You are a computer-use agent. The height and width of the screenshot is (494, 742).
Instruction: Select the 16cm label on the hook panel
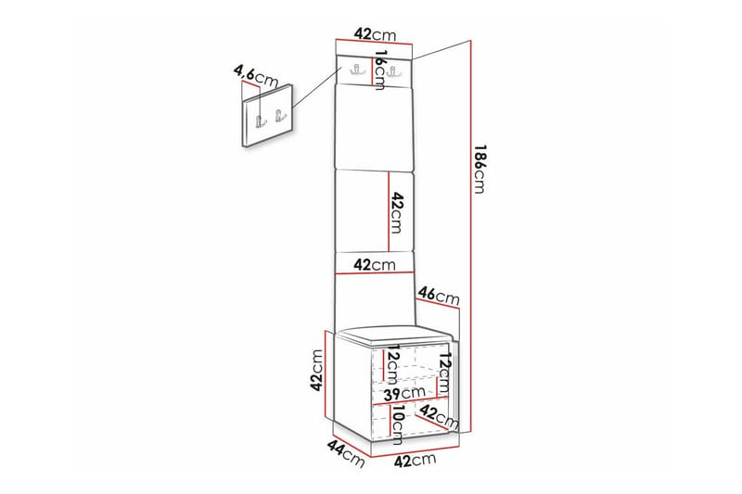point(379,70)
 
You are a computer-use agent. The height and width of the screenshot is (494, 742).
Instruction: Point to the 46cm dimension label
point(438,298)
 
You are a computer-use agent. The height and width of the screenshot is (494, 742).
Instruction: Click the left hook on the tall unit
point(357,70)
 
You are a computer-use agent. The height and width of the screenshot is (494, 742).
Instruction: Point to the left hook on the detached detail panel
point(261,119)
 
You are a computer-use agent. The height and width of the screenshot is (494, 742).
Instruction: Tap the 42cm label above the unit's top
point(375,34)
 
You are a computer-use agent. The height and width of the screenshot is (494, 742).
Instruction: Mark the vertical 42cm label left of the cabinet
point(316,372)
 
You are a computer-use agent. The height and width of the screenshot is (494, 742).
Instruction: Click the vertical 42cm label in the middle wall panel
point(396,213)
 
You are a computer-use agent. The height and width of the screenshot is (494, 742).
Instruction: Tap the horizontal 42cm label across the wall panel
point(376,265)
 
